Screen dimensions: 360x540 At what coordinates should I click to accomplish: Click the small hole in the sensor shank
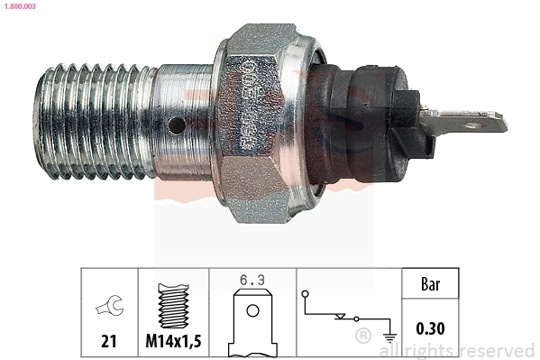pyautogui.click(x=180, y=125)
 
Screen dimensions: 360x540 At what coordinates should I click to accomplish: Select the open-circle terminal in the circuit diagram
pyautogui.click(x=307, y=294)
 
